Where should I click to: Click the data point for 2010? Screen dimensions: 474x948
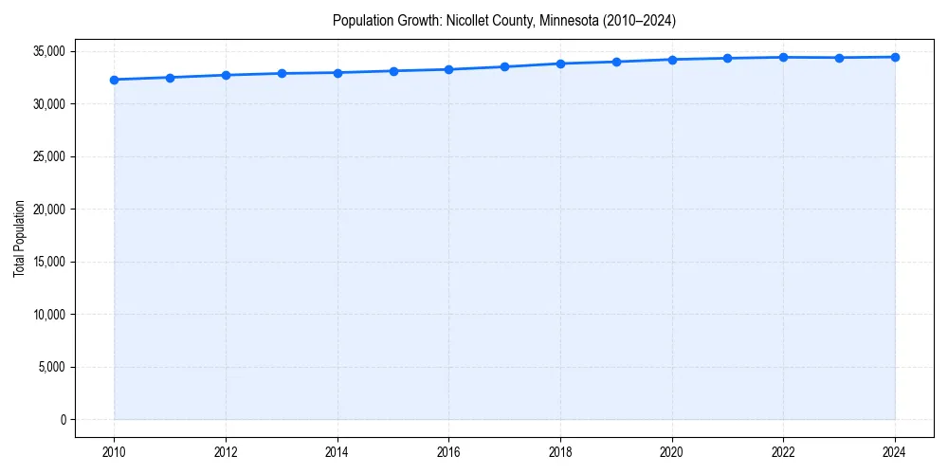[x=114, y=80]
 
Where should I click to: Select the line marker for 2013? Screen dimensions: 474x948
[x=282, y=73]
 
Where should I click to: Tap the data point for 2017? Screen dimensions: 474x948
[x=504, y=66]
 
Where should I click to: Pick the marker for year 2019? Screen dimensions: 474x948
[x=616, y=62]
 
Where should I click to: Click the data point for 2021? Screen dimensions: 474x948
[x=727, y=58]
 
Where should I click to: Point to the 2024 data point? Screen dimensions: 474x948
[x=895, y=57]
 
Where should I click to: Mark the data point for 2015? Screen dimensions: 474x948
[x=393, y=71]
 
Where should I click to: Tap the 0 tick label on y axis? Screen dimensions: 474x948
[x=63, y=420]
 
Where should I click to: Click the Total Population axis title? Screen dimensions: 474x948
[x=19, y=238]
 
